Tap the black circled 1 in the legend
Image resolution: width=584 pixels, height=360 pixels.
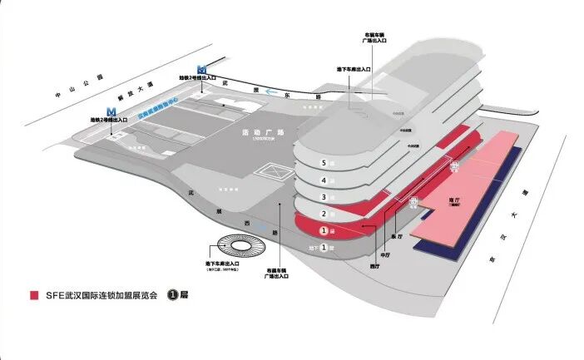click(174, 294)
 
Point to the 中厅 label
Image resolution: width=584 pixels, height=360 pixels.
click(385, 255)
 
